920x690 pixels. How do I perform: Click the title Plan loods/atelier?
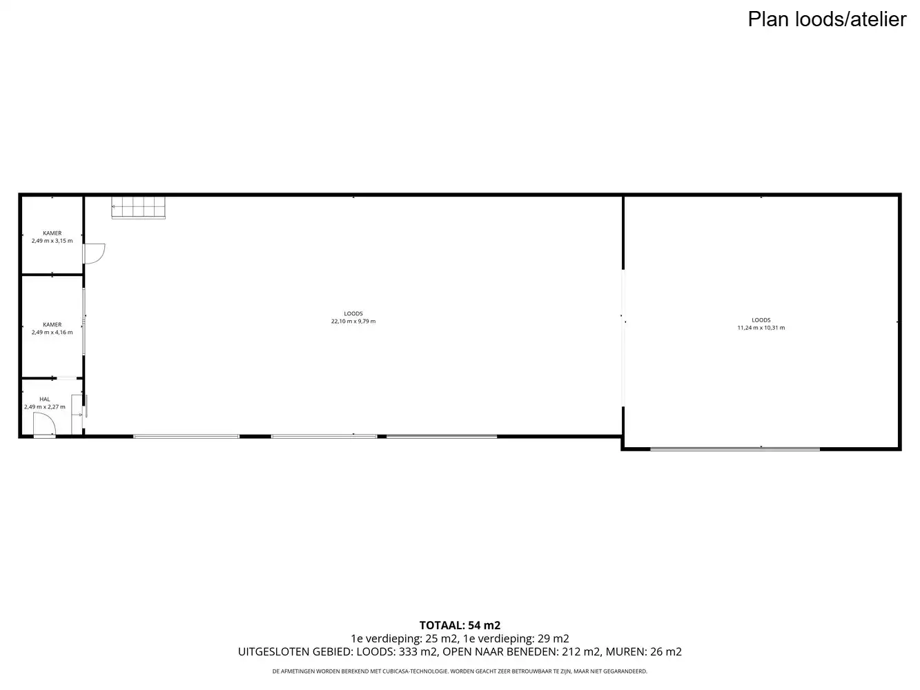pos(827,20)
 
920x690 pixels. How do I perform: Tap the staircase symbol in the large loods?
pos(138,208)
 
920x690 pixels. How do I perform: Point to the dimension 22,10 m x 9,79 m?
pos(353,322)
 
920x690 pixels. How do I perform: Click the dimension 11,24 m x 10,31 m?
pos(761,328)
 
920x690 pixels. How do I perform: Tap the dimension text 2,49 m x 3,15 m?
pos(52,241)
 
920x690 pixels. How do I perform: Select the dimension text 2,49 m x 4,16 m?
pos(52,332)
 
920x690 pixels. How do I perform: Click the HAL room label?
pos(45,400)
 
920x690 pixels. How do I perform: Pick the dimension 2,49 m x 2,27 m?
pos(45,407)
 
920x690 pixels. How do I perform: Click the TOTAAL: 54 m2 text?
pos(460,625)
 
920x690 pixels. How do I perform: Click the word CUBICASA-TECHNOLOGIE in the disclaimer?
pos(415,671)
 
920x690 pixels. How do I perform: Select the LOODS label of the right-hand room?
pos(761,320)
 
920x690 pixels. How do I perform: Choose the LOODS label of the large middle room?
pos(353,314)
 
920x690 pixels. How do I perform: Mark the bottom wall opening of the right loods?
pos(735,449)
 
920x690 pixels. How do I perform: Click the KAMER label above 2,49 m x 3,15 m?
pos(52,233)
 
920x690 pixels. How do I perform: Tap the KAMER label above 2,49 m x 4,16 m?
pos(52,325)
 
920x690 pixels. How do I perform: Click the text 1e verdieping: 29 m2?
pos(516,639)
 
